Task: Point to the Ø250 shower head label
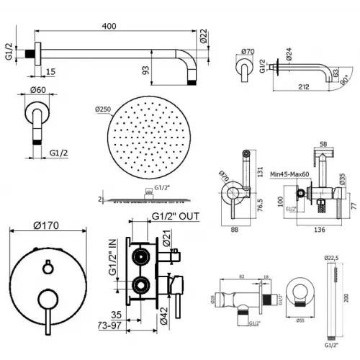click(102, 110)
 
